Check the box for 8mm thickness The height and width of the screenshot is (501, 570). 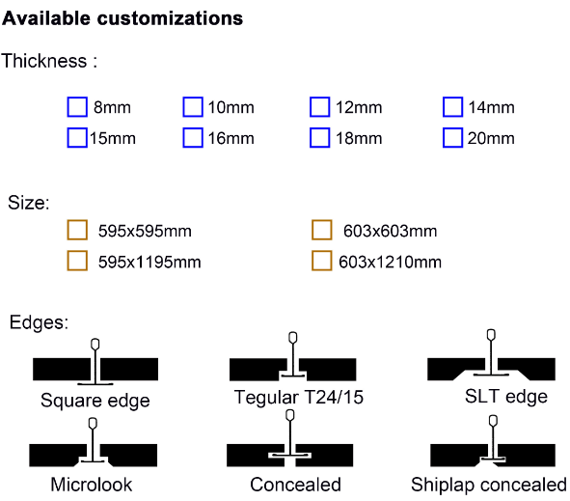click(x=77, y=107)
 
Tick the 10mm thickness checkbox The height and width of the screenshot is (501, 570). click(x=193, y=107)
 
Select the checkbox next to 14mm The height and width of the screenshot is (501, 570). click(x=453, y=107)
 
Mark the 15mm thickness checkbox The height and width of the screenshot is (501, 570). click(x=77, y=137)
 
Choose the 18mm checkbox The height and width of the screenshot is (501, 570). click(x=320, y=137)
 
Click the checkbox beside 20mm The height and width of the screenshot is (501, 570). click(x=453, y=137)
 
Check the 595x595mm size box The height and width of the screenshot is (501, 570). click(x=77, y=230)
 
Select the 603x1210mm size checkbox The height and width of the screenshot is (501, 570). click(x=322, y=261)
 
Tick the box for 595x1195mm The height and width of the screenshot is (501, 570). click(x=77, y=261)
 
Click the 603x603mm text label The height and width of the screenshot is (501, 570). click(x=390, y=231)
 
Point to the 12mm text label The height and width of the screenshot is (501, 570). click(x=359, y=108)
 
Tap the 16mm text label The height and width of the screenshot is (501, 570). click(x=231, y=139)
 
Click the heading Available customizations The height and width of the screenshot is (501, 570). click(x=122, y=18)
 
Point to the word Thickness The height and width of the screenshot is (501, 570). click(x=44, y=61)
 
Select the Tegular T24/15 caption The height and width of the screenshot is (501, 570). click(x=299, y=397)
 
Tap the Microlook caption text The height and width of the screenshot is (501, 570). click(x=92, y=485)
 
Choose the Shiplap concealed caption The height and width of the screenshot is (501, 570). click(x=489, y=485)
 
